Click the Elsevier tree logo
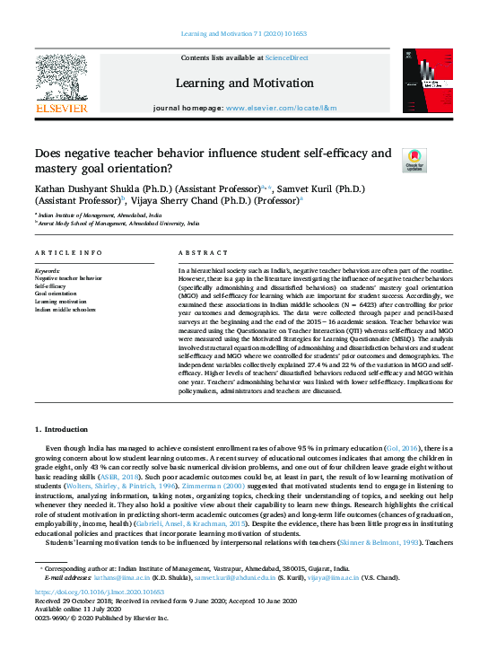click(60, 80)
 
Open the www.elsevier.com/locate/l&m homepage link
click(281, 108)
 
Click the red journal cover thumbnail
click(423, 83)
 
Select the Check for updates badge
click(414, 160)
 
